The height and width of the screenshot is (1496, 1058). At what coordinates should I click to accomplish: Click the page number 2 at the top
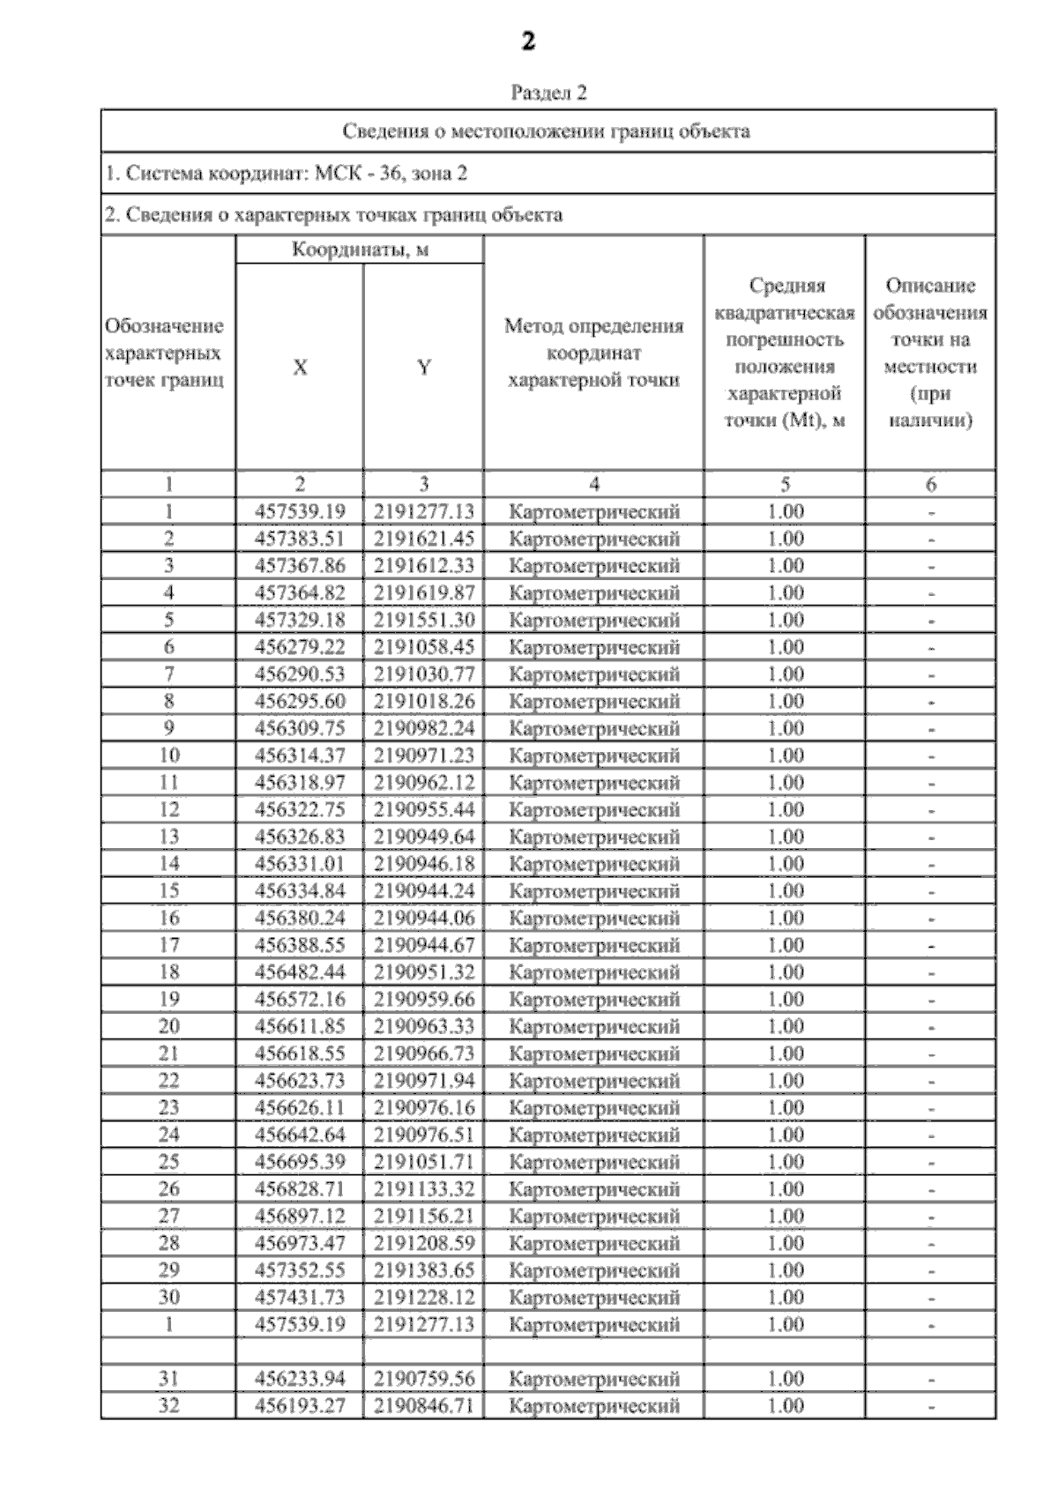(527, 41)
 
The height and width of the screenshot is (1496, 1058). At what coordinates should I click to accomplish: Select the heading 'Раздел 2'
(548, 93)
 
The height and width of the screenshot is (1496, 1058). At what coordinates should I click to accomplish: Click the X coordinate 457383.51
(300, 539)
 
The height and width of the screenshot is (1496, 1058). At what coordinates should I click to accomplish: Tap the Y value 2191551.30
(423, 620)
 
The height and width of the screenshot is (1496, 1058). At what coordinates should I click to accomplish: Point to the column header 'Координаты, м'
(360, 250)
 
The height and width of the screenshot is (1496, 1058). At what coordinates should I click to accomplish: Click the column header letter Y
(424, 368)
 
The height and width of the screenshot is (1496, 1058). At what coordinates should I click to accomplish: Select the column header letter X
(300, 368)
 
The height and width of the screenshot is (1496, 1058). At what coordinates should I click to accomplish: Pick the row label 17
(168, 945)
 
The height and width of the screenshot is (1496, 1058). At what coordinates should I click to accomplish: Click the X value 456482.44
(300, 972)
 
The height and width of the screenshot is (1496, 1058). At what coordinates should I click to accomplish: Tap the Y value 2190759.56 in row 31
(423, 1379)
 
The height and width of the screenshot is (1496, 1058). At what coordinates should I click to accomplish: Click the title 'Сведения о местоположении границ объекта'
(547, 132)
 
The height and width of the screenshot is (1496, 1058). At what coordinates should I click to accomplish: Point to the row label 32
(168, 1406)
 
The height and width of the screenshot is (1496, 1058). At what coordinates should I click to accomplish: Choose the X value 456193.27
(300, 1406)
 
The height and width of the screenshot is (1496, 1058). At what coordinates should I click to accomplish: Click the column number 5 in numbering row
(785, 484)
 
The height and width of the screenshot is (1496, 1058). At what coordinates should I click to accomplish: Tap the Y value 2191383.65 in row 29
(423, 1270)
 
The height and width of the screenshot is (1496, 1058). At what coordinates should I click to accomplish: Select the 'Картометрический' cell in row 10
(594, 755)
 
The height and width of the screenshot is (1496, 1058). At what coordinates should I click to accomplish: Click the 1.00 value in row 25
(785, 1162)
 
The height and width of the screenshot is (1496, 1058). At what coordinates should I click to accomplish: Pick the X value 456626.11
(300, 1108)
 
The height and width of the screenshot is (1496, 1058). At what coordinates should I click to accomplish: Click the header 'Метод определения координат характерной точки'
(594, 354)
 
